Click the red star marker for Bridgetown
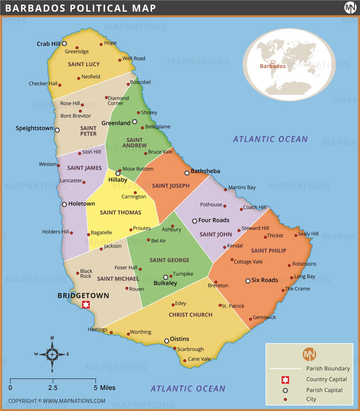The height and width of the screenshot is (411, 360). point(86,304)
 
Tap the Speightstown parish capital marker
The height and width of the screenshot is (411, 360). point(57,130)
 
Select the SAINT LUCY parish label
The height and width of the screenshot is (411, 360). point(84,64)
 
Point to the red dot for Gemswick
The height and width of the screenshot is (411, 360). point(250,319)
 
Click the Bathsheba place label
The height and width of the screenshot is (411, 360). point(205,171)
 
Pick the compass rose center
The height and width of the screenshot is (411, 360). point(52,354)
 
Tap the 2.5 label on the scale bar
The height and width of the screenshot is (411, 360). point(53,388)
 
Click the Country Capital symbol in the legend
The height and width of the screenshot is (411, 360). point(285,380)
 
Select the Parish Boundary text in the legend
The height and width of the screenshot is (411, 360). point(328,368)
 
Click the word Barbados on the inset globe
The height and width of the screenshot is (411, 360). point(272,66)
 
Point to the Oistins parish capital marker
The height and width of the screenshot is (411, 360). point(167,341)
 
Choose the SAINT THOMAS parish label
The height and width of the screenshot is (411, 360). point(121,212)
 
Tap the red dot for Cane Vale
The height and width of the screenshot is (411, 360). point(185,360)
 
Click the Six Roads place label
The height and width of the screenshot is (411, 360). point(265,280)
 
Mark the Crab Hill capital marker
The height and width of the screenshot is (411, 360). point(64,44)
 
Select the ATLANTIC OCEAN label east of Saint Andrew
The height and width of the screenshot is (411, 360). point(270,139)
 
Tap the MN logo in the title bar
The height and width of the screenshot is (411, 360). point(350,8)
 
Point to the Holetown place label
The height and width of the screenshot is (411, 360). point(81,204)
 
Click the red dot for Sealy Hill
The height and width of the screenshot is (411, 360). point(296,236)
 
